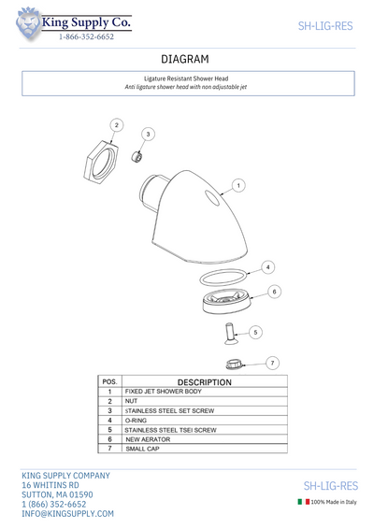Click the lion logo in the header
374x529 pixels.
pos(28,23)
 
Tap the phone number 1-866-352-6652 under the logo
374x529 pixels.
pos(86,36)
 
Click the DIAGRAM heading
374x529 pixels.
pos(185,59)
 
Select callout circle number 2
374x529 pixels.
pos(117,125)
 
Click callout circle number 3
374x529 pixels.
pos(148,135)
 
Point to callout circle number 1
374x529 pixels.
pos(238,185)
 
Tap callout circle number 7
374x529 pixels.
pos(272,363)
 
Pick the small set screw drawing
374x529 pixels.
pos(137,156)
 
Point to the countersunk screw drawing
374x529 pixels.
pos(231,334)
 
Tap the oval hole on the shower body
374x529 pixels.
pos(212,198)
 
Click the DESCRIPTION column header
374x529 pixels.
pos(205,382)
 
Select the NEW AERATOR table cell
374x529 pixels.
pos(148,439)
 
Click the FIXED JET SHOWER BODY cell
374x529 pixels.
pos(163,392)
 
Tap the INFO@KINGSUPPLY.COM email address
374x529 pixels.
pos(68,514)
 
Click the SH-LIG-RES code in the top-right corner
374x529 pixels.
pos(325,26)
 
